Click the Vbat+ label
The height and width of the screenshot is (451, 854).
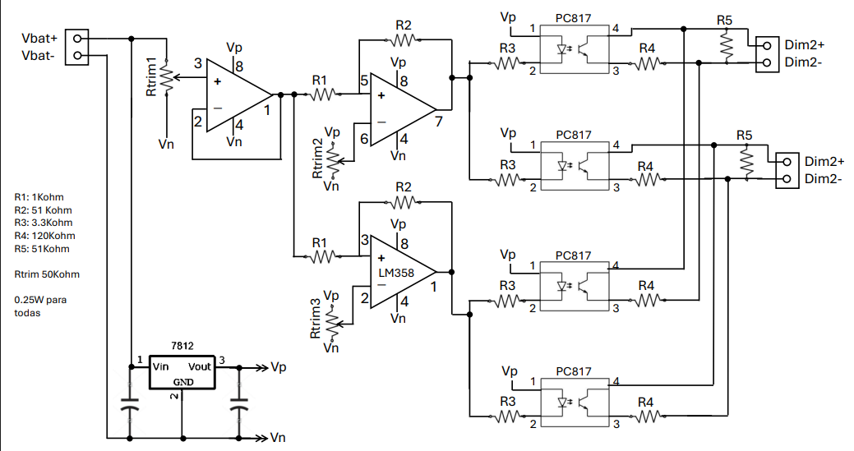click(x=39, y=39)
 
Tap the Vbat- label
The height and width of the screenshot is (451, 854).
click(x=38, y=56)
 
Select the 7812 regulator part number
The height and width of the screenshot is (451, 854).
click(x=182, y=346)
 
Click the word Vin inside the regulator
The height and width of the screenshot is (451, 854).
click(x=160, y=366)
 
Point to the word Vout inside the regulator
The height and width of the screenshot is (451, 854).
click(x=200, y=366)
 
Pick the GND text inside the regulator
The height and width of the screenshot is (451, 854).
click(x=183, y=382)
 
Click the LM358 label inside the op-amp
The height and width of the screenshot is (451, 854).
click(x=396, y=273)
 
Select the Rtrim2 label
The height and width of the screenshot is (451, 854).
click(x=317, y=159)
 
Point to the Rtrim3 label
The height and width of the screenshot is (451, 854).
click(x=316, y=319)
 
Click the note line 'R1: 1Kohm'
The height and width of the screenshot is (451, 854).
click(x=39, y=197)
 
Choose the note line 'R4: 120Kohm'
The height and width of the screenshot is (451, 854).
click(x=44, y=236)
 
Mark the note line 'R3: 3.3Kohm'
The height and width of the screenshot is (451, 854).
click(x=43, y=223)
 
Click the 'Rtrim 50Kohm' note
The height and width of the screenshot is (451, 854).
click(x=47, y=274)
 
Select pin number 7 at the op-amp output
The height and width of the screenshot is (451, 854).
click(x=439, y=122)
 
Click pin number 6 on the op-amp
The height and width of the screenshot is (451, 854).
click(x=364, y=140)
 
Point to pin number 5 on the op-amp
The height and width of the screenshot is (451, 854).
click(x=364, y=81)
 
